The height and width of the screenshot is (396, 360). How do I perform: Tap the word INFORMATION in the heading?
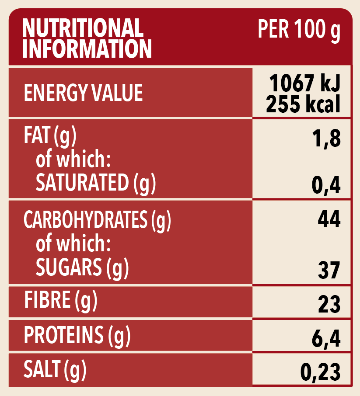[87, 49]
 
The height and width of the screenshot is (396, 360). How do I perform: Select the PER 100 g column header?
[299, 30]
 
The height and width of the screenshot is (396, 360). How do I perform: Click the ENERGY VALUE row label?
[83, 94]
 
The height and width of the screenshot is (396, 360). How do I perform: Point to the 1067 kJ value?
[304, 83]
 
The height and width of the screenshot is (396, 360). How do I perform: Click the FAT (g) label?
[50, 137]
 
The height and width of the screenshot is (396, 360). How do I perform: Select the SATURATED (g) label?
[95, 183]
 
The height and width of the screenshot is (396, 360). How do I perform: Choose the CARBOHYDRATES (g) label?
[97, 220]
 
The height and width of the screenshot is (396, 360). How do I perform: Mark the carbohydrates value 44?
[329, 219]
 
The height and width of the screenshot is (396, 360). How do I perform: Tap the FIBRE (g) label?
[60, 301]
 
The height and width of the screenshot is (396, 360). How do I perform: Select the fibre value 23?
[329, 304]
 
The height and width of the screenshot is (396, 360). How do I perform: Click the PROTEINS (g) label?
[77, 335]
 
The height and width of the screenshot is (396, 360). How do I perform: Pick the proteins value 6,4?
[325, 339]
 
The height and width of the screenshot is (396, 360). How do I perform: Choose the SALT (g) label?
[55, 369]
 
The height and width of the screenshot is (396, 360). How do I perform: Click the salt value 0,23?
[320, 372]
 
